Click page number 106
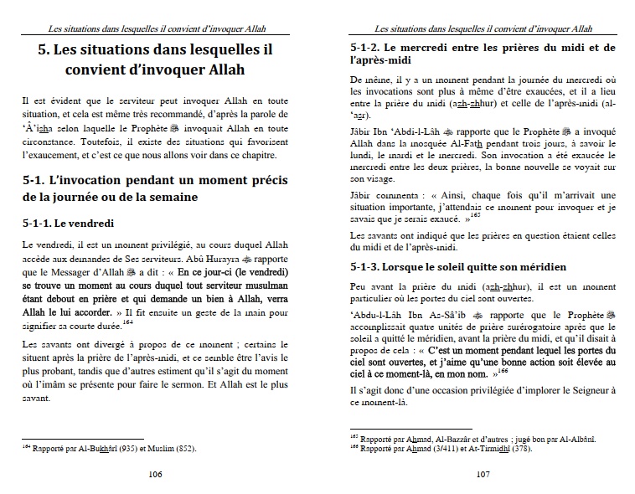tap(154, 474)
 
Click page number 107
tap(482, 474)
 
